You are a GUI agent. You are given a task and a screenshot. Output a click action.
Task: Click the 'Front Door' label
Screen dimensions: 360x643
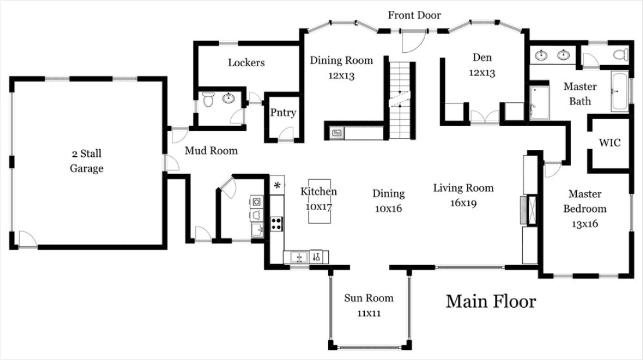tap(414, 15)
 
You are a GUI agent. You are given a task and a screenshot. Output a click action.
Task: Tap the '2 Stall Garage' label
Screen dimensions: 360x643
tap(87, 161)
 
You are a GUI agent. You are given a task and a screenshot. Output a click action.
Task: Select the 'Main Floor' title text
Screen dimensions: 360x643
tap(490, 301)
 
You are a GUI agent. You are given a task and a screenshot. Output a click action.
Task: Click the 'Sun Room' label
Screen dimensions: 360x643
tap(368, 298)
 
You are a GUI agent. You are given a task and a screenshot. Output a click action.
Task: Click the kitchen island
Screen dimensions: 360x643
tap(318, 201)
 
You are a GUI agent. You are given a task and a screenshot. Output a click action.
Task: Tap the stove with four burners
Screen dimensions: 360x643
tap(276, 224)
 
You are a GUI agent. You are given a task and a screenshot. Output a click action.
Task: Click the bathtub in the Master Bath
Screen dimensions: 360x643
tap(619, 92)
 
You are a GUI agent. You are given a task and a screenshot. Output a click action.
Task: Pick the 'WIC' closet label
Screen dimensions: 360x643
tap(610, 142)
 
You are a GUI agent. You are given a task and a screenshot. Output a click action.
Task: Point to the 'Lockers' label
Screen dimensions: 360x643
tap(246, 63)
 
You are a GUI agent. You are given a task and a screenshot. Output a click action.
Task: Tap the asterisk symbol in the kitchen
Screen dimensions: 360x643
tap(277, 186)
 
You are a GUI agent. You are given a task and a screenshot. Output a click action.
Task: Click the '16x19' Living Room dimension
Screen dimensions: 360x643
tap(463, 203)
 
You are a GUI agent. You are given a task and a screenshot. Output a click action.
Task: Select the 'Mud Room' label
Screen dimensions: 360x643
tap(211, 151)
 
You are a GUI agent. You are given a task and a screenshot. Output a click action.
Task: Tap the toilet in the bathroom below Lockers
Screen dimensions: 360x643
tap(209, 100)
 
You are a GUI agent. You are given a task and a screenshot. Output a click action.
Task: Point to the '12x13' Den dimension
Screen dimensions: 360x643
tap(482, 73)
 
